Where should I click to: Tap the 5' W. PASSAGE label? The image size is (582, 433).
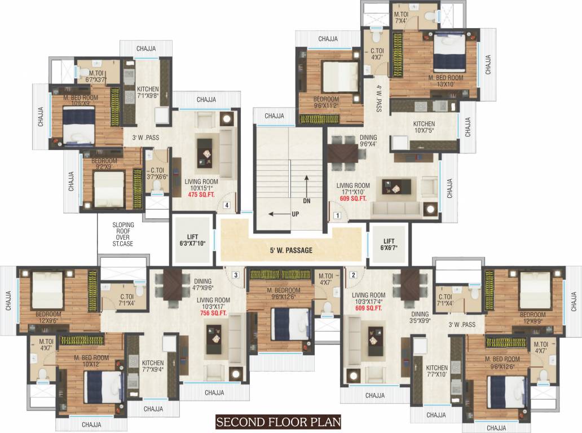[x=291, y=250]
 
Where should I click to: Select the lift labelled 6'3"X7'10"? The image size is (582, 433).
[x=192, y=240]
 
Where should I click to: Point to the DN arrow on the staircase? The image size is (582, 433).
[x=306, y=189]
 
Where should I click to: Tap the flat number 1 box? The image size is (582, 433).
[x=337, y=215]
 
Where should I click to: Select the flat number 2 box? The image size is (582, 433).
[x=354, y=275]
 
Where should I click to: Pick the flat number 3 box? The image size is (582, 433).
[x=236, y=275]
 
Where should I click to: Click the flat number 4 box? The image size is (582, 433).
[x=226, y=206]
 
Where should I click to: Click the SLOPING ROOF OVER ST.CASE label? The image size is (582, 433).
[x=123, y=234]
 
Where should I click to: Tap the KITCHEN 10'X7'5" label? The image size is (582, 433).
[x=424, y=127]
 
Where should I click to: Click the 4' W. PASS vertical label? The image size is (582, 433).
[x=380, y=98]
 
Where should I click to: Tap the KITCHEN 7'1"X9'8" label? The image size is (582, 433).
[x=148, y=92]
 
